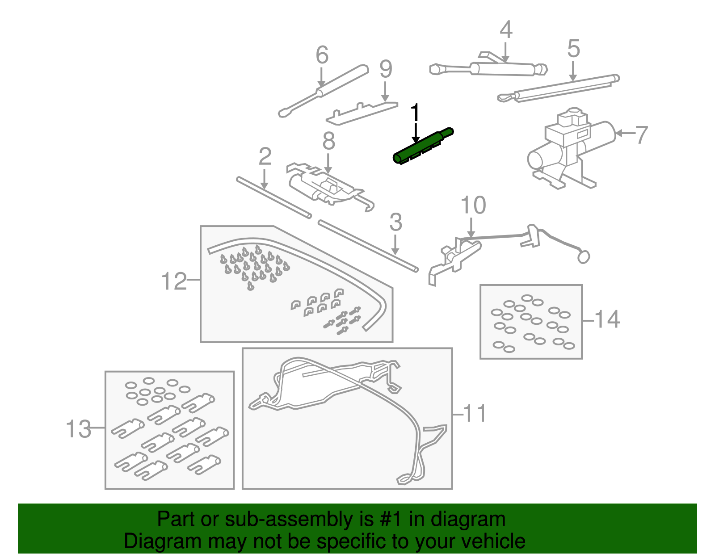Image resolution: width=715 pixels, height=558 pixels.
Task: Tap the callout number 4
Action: click(x=506, y=29)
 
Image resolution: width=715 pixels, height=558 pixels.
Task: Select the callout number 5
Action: click(x=573, y=49)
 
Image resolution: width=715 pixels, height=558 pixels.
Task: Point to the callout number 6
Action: click(x=322, y=55)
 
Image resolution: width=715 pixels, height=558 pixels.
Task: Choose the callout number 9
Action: click(x=386, y=69)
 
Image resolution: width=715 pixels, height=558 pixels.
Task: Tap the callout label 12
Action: click(x=174, y=281)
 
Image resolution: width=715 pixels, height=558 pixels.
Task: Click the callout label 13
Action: click(x=78, y=429)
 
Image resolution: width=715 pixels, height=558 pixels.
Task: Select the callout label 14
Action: click(x=607, y=319)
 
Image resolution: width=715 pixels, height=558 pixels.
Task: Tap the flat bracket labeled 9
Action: click(x=362, y=113)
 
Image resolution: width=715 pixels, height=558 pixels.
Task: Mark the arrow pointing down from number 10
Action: click(x=471, y=227)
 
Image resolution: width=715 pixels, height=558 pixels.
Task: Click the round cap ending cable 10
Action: click(x=583, y=257)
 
